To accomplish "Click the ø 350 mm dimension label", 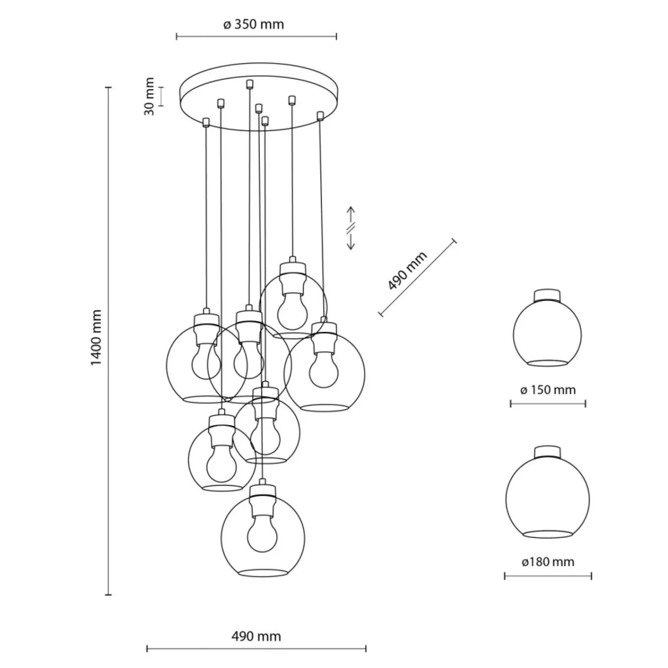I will point(254,24).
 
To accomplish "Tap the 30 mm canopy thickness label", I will point(149,96).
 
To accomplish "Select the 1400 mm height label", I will point(96,337).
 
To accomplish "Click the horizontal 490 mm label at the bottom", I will point(256,636).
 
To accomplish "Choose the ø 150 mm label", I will point(548,390).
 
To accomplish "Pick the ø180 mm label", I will point(547,562).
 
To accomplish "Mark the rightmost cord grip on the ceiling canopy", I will point(321,116).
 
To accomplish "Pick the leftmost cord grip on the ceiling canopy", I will point(206,122).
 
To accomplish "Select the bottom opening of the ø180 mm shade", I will point(547,534).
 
